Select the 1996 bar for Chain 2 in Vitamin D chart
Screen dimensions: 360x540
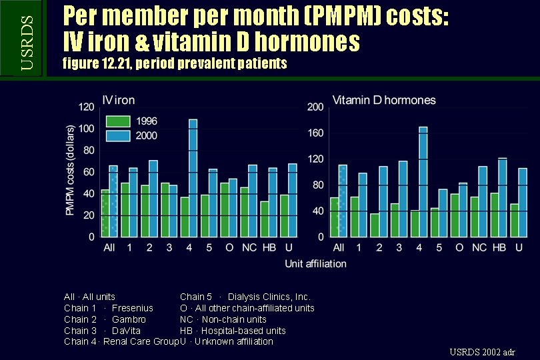pos(374,225)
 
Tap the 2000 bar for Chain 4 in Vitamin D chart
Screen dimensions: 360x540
pos(423,181)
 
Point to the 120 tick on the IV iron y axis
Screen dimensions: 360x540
pos(86,107)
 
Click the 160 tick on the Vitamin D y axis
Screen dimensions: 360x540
pos(315,133)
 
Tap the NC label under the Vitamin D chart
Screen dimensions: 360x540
pos(479,248)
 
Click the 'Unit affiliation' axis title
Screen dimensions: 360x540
pos(315,263)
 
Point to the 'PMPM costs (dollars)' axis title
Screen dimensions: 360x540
pos(70,171)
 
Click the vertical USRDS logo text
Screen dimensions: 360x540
pos(26,38)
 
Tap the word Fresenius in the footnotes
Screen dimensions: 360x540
pos(132,308)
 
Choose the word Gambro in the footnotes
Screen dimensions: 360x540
pos(129,319)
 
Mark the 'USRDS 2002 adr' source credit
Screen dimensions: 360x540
pos(482,351)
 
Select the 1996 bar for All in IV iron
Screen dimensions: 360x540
pos(105,213)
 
